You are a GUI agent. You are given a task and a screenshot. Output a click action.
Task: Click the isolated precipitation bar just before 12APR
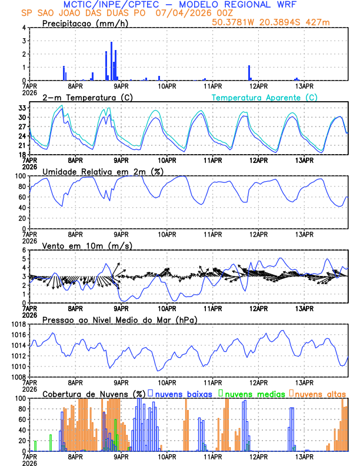click(x=249, y=72)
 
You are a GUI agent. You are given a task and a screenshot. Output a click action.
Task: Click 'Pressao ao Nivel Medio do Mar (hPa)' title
click(x=120, y=319)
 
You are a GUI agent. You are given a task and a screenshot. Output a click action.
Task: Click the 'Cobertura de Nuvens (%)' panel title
click(x=94, y=394)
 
